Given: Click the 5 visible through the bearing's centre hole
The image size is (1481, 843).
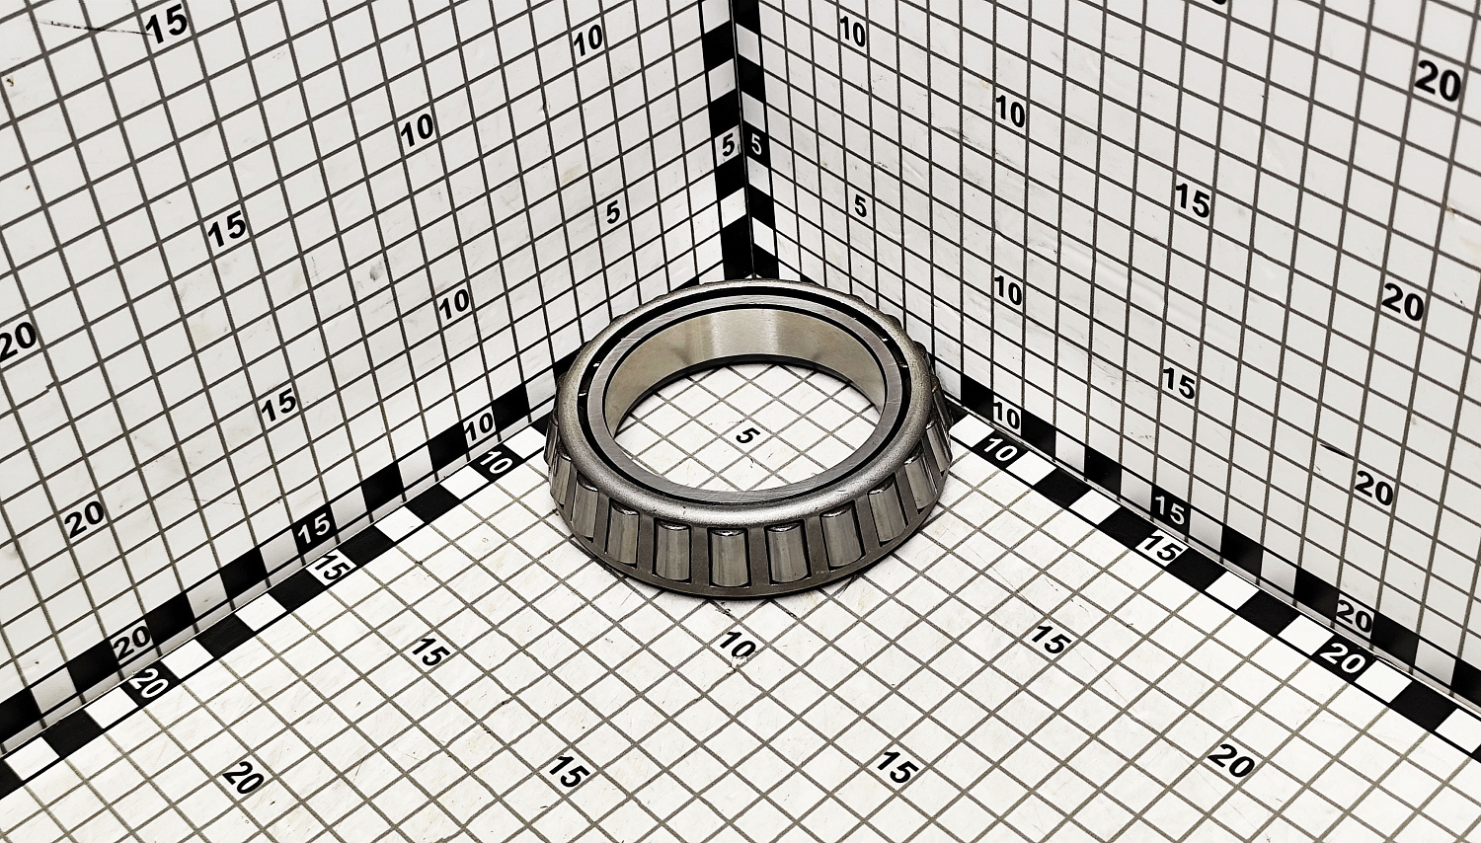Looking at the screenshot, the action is [x=745, y=435].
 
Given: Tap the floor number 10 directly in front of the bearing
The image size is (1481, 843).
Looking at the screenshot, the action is [x=736, y=644].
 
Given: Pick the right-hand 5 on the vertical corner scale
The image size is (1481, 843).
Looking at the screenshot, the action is [x=755, y=145].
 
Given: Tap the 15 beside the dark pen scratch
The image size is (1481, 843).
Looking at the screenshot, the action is [x=167, y=28].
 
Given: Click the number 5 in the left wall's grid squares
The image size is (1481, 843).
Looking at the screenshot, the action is [x=613, y=212].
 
